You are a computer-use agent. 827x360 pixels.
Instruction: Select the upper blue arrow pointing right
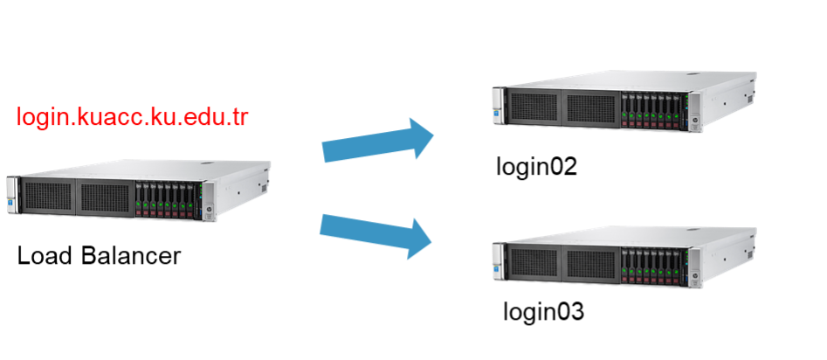pos(376,142)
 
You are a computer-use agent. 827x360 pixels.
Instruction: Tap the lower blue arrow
pos(376,233)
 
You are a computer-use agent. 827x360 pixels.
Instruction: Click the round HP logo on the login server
pos(209,210)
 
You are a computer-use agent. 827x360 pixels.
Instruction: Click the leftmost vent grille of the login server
pos(47,197)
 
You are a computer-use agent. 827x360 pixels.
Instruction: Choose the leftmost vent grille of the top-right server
pos(533,107)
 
